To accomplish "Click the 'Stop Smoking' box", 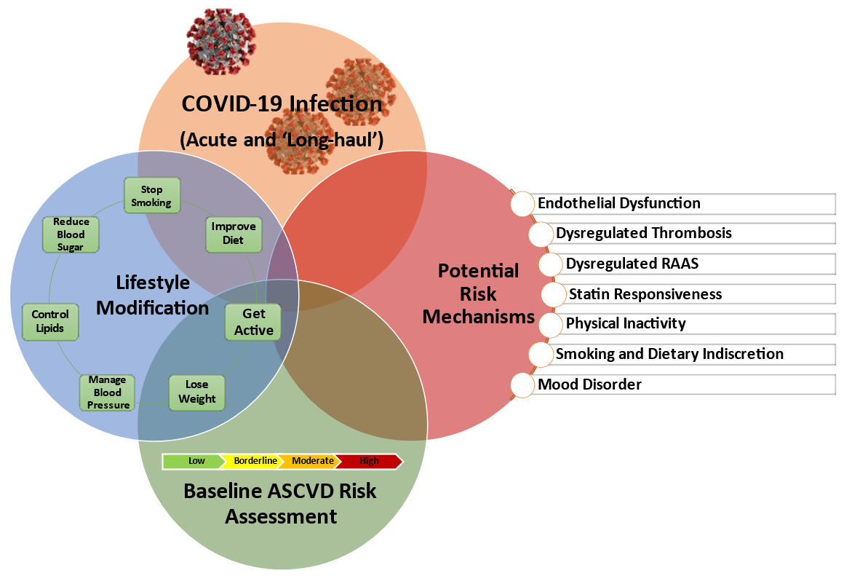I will pyautogui.click(x=152, y=196).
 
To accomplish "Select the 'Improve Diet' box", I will pyautogui.click(x=234, y=233).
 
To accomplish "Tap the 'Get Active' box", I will pyautogui.click(x=254, y=323).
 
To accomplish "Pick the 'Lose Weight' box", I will pyautogui.click(x=196, y=392).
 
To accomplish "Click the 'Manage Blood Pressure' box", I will pyautogui.click(x=107, y=392).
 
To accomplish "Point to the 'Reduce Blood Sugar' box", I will pyautogui.click(x=71, y=234).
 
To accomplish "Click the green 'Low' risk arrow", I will pyautogui.click(x=194, y=461).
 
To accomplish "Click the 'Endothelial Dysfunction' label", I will pyautogui.click(x=619, y=204).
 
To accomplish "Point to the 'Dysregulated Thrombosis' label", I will pyautogui.click(x=644, y=234).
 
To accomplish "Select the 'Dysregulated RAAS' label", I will pyautogui.click(x=632, y=264).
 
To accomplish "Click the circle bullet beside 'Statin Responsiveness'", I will pyautogui.click(x=554, y=295).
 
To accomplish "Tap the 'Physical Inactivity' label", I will pyautogui.click(x=626, y=323).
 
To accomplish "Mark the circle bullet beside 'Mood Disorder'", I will pyautogui.click(x=522, y=384).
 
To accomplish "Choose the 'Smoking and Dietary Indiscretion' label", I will pyautogui.click(x=669, y=354).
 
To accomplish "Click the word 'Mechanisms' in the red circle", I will pyautogui.click(x=478, y=317).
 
